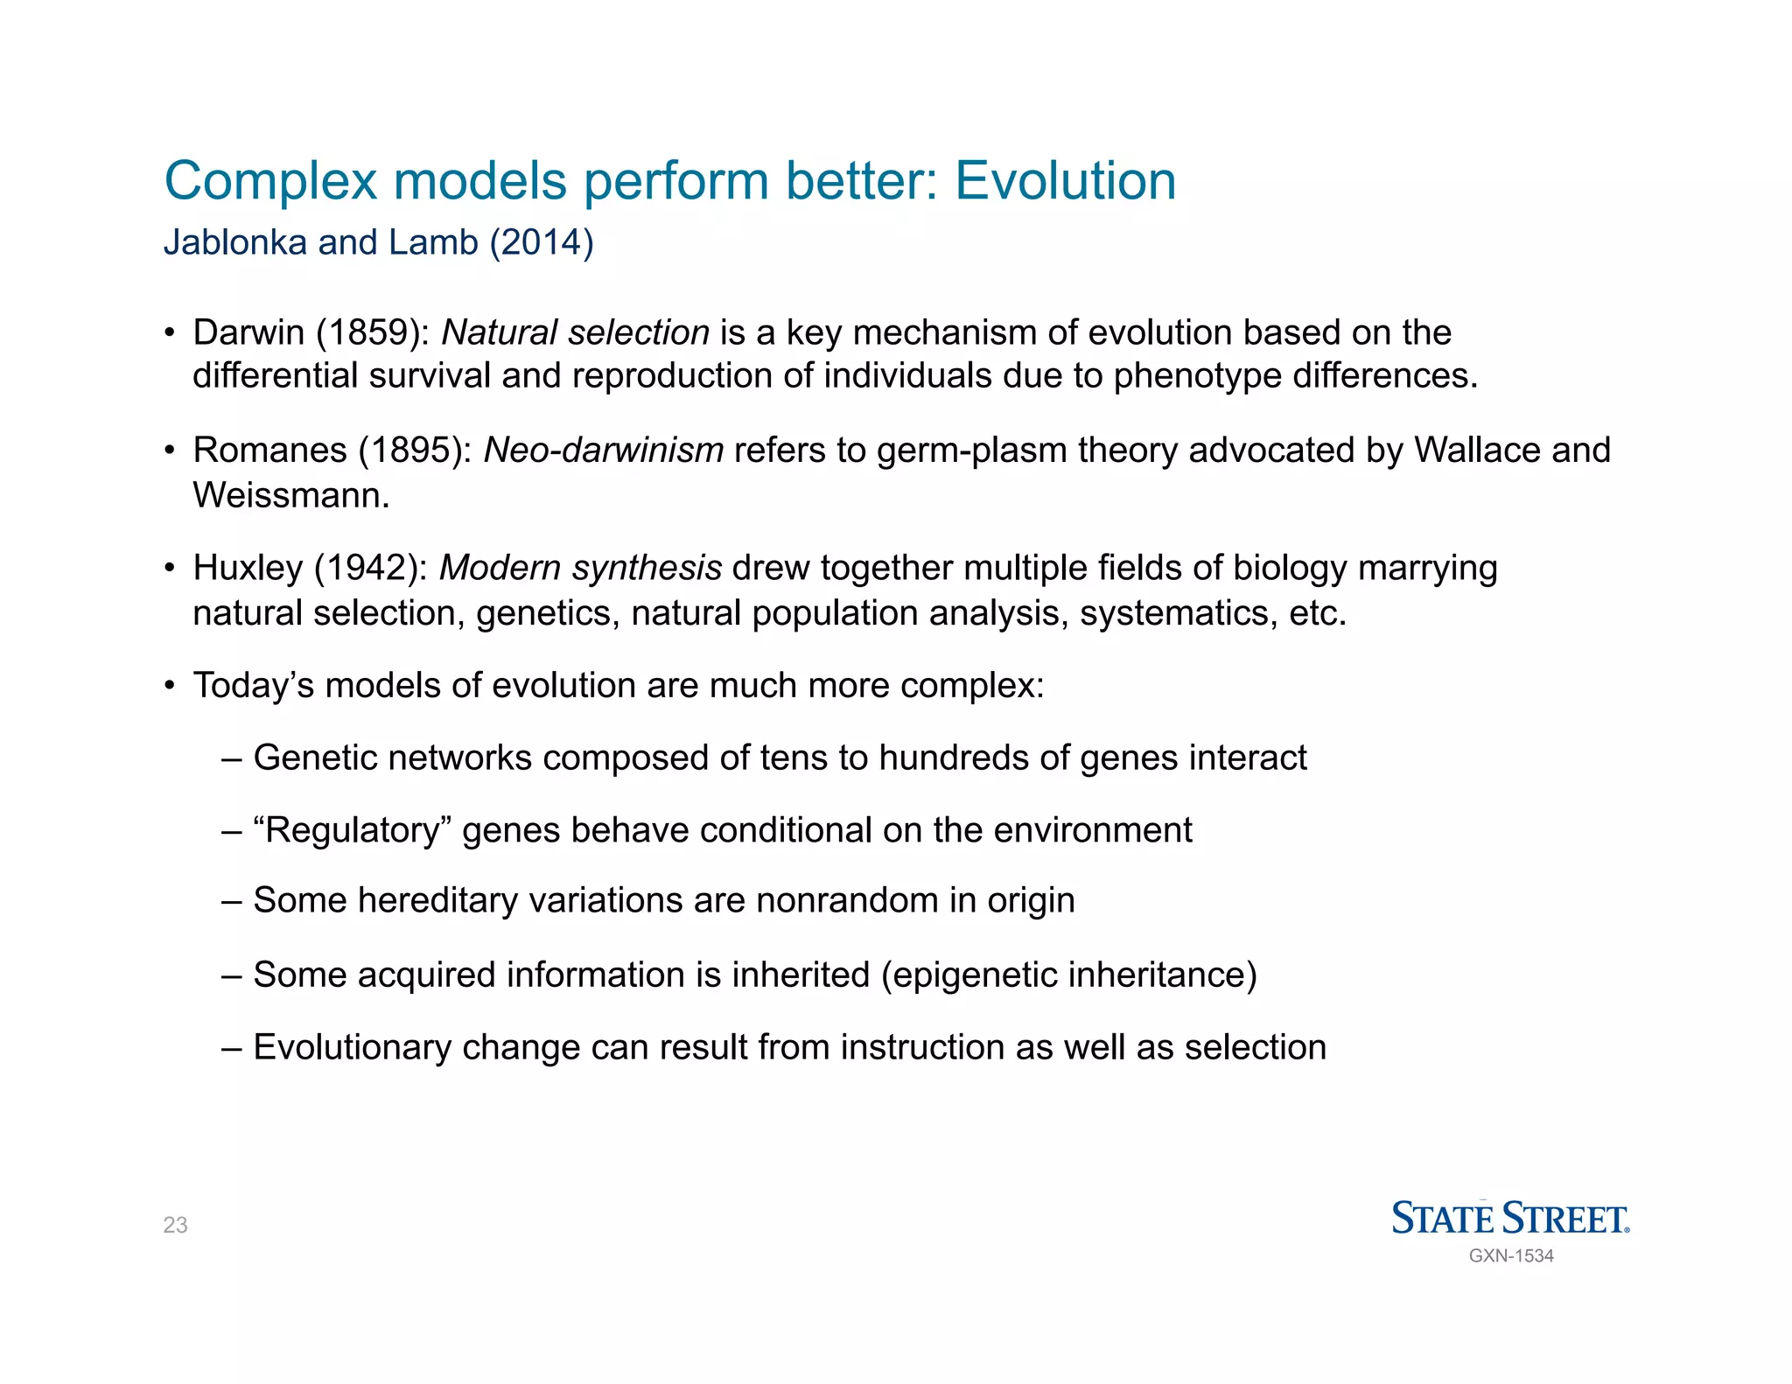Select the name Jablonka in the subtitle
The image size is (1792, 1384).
(235, 242)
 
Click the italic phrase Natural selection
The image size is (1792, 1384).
(575, 333)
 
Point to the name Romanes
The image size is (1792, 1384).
(269, 451)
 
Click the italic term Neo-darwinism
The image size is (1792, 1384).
(603, 451)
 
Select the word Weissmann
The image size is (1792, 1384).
(290, 496)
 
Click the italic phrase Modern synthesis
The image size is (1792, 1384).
(580, 569)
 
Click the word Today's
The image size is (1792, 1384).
(253, 686)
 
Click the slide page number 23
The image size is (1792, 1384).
(175, 1226)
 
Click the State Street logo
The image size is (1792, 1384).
(1510, 1219)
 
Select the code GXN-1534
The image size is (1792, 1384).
(1511, 1256)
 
